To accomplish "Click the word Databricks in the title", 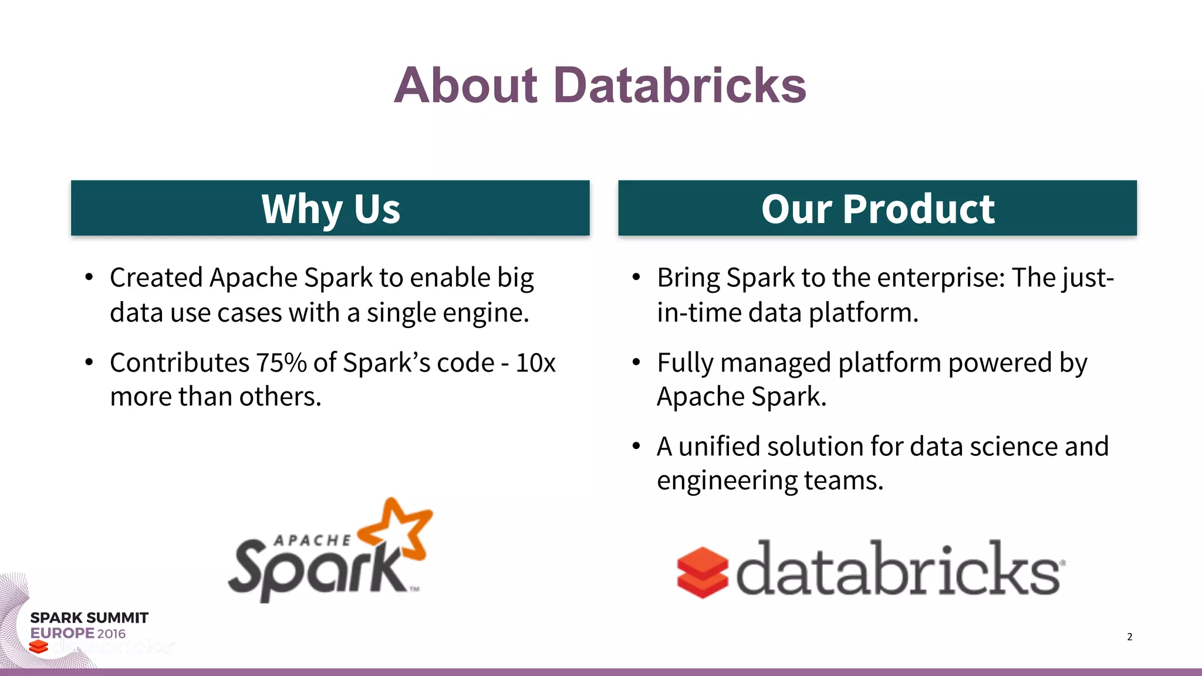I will pyautogui.click(x=680, y=86).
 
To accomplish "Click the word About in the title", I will pyautogui.click(x=465, y=86).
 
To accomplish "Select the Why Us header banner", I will pyautogui.click(x=330, y=208).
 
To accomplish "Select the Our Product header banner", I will pyautogui.click(x=877, y=208).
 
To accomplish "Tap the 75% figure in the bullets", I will pyautogui.click(x=281, y=363).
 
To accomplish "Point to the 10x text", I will pyautogui.click(x=535, y=363).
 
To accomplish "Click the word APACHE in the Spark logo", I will pyautogui.click(x=312, y=540).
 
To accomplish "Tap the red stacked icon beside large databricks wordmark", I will pyautogui.click(x=702, y=573).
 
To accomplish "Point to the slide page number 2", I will pyautogui.click(x=1129, y=637).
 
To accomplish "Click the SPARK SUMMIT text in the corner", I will pyautogui.click(x=89, y=618).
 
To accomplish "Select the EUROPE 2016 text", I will pyautogui.click(x=78, y=634).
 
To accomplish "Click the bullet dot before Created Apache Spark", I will pyautogui.click(x=89, y=277).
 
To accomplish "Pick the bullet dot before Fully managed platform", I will pyautogui.click(x=636, y=362).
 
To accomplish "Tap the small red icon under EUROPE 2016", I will pyautogui.click(x=39, y=647).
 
